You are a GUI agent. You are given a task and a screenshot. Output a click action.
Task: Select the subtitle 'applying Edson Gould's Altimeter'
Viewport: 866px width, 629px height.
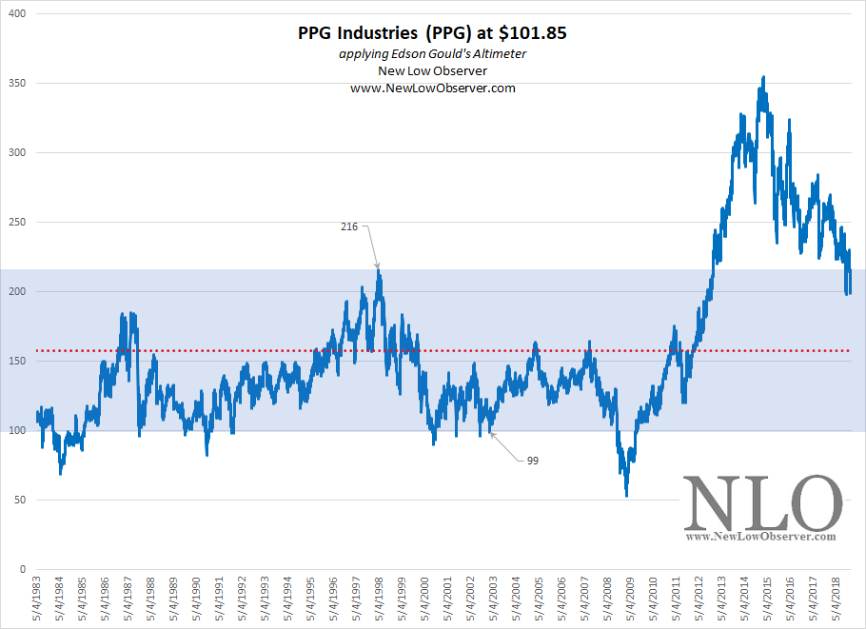coord(433,53)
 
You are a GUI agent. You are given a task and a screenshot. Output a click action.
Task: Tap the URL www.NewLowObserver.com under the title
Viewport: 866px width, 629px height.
coord(433,88)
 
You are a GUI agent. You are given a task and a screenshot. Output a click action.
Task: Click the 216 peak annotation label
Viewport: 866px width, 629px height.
coord(349,226)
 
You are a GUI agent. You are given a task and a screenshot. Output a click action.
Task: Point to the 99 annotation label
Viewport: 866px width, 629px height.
coord(533,461)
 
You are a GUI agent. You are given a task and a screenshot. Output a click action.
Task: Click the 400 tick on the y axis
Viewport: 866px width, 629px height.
coord(18,14)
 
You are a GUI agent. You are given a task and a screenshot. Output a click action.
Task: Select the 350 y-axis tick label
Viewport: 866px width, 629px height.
coord(18,84)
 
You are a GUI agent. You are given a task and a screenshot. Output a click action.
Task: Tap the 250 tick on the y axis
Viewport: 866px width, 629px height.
coord(18,223)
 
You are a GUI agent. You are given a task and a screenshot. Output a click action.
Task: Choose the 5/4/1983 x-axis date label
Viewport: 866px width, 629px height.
coord(38,599)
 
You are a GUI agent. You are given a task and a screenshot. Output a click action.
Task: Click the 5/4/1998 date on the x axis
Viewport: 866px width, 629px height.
coord(379,599)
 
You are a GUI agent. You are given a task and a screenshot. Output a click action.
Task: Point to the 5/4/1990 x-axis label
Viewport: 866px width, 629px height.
coord(197,599)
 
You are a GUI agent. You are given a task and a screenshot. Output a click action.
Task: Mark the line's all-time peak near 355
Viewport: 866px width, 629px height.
coord(763,77)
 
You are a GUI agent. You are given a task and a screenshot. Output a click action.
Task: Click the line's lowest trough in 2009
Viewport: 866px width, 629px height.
coord(626,496)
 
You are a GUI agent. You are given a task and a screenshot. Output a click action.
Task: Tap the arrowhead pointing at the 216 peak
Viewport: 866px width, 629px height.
coord(378,266)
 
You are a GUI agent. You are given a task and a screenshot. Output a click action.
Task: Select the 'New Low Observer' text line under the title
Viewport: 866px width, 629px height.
coord(433,70)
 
